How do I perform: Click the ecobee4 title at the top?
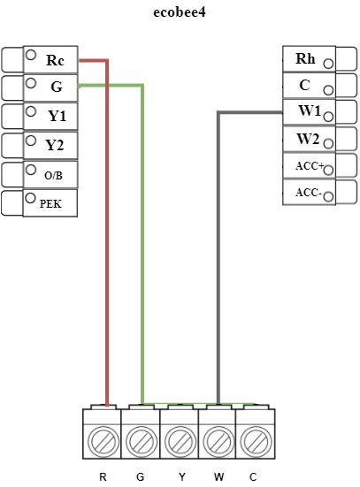click(x=180, y=14)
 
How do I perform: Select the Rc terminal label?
click(x=55, y=60)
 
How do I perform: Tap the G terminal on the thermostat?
click(x=56, y=87)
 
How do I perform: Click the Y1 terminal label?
click(x=57, y=116)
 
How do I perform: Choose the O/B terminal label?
click(x=53, y=175)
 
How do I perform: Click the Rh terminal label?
click(x=305, y=59)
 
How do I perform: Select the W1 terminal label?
click(x=309, y=112)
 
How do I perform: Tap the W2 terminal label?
click(x=308, y=139)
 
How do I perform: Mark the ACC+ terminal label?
click(x=310, y=165)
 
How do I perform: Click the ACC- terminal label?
click(x=308, y=192)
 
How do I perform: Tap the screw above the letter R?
click(x=103, y=439)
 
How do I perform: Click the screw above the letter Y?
click(x=180, y=439)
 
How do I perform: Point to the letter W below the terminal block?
click(x=218, y=477)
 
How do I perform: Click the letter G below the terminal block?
click(x=141, y=477)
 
